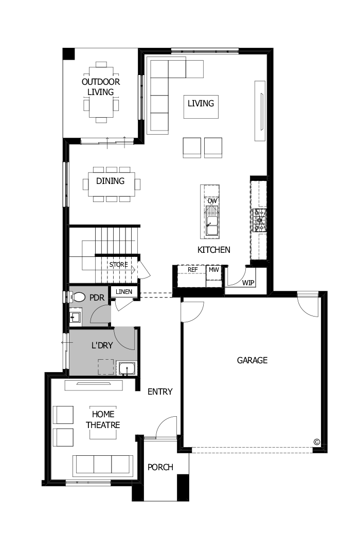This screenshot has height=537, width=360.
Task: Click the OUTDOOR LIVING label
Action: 101,87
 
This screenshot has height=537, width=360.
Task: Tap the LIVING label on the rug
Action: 201,103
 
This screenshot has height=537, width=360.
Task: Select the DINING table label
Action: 111,181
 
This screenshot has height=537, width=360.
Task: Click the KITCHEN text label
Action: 214,250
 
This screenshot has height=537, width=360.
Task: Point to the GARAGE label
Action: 252,360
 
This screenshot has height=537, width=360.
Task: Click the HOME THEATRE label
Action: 103,419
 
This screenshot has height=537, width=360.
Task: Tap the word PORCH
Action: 160,467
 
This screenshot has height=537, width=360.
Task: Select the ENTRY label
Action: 160,392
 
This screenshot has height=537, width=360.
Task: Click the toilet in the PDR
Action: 78,297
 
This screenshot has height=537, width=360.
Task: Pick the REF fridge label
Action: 193,269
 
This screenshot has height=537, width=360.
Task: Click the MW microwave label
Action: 213,269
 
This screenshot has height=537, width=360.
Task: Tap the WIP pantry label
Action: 248,283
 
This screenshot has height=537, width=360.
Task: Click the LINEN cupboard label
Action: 124,292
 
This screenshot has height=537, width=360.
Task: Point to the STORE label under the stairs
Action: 118,265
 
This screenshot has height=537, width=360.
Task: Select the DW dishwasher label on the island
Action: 212,200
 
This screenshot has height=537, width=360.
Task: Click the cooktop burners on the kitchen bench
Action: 259,220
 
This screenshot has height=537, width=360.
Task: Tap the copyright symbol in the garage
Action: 317,441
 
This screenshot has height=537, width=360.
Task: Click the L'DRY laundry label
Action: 102,345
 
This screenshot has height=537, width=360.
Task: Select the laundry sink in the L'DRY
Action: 126,368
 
